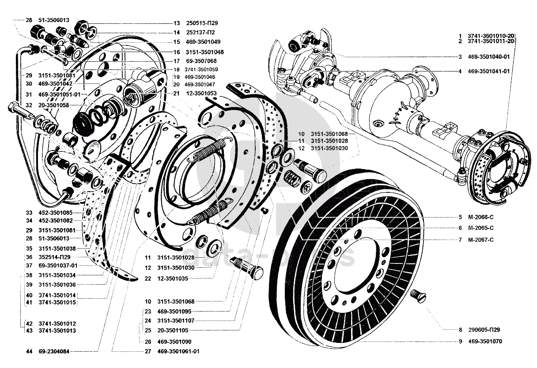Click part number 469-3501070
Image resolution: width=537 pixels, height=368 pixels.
(485, 342)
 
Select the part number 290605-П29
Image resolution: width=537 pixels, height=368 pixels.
(484, 330)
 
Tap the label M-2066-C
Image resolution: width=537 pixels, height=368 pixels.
(480, 217)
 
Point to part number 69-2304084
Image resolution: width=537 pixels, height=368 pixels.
(54, 352)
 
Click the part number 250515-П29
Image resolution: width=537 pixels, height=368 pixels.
(202, 23)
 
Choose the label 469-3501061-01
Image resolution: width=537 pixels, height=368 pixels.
(178, 352)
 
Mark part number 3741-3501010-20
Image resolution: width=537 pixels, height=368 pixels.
(491, 36)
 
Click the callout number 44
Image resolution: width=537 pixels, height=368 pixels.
(29, 352)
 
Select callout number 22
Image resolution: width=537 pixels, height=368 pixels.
(148, 278)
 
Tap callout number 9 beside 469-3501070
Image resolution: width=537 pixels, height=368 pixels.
(460, 342)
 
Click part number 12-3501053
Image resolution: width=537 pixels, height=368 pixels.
(201, 93)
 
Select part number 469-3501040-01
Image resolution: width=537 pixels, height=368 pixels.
(489, 57)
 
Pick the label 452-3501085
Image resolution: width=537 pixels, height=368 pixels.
(55, 213)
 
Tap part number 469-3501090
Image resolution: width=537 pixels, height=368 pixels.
(174, 342)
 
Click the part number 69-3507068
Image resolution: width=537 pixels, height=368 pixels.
(201, 61)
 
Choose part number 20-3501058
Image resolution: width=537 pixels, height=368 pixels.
(54, 105)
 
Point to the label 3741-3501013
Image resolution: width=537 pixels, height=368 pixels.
(57, 330)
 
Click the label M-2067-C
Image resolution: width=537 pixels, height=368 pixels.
(480, 240)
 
